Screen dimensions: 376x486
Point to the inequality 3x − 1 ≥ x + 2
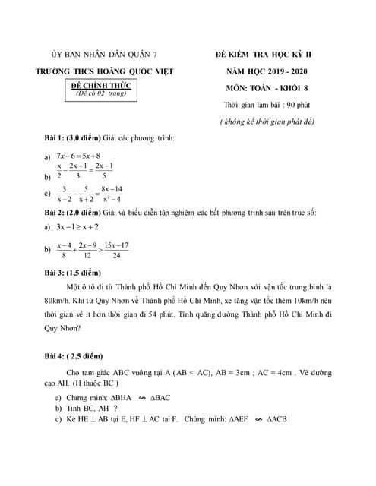pyautogui.click(x=77, y=226)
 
